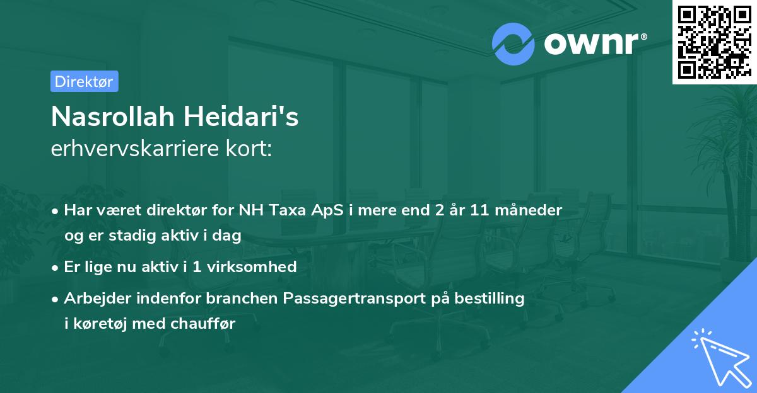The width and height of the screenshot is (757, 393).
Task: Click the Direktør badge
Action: pos(84,81)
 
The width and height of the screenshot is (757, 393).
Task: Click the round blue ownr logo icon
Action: pos(513,43)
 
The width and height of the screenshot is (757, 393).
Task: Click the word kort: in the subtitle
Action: pos(251,149)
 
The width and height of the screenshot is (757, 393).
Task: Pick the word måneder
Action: pos(531,210)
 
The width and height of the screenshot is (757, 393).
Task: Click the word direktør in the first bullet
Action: pos(177,210)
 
